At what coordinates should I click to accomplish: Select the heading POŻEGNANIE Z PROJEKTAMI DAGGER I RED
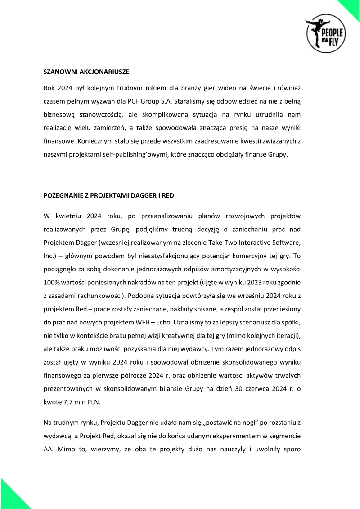tap(108, 196)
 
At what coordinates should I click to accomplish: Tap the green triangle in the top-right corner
tap(352, 7)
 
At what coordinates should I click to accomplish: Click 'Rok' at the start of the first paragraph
tap(49, 86)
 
